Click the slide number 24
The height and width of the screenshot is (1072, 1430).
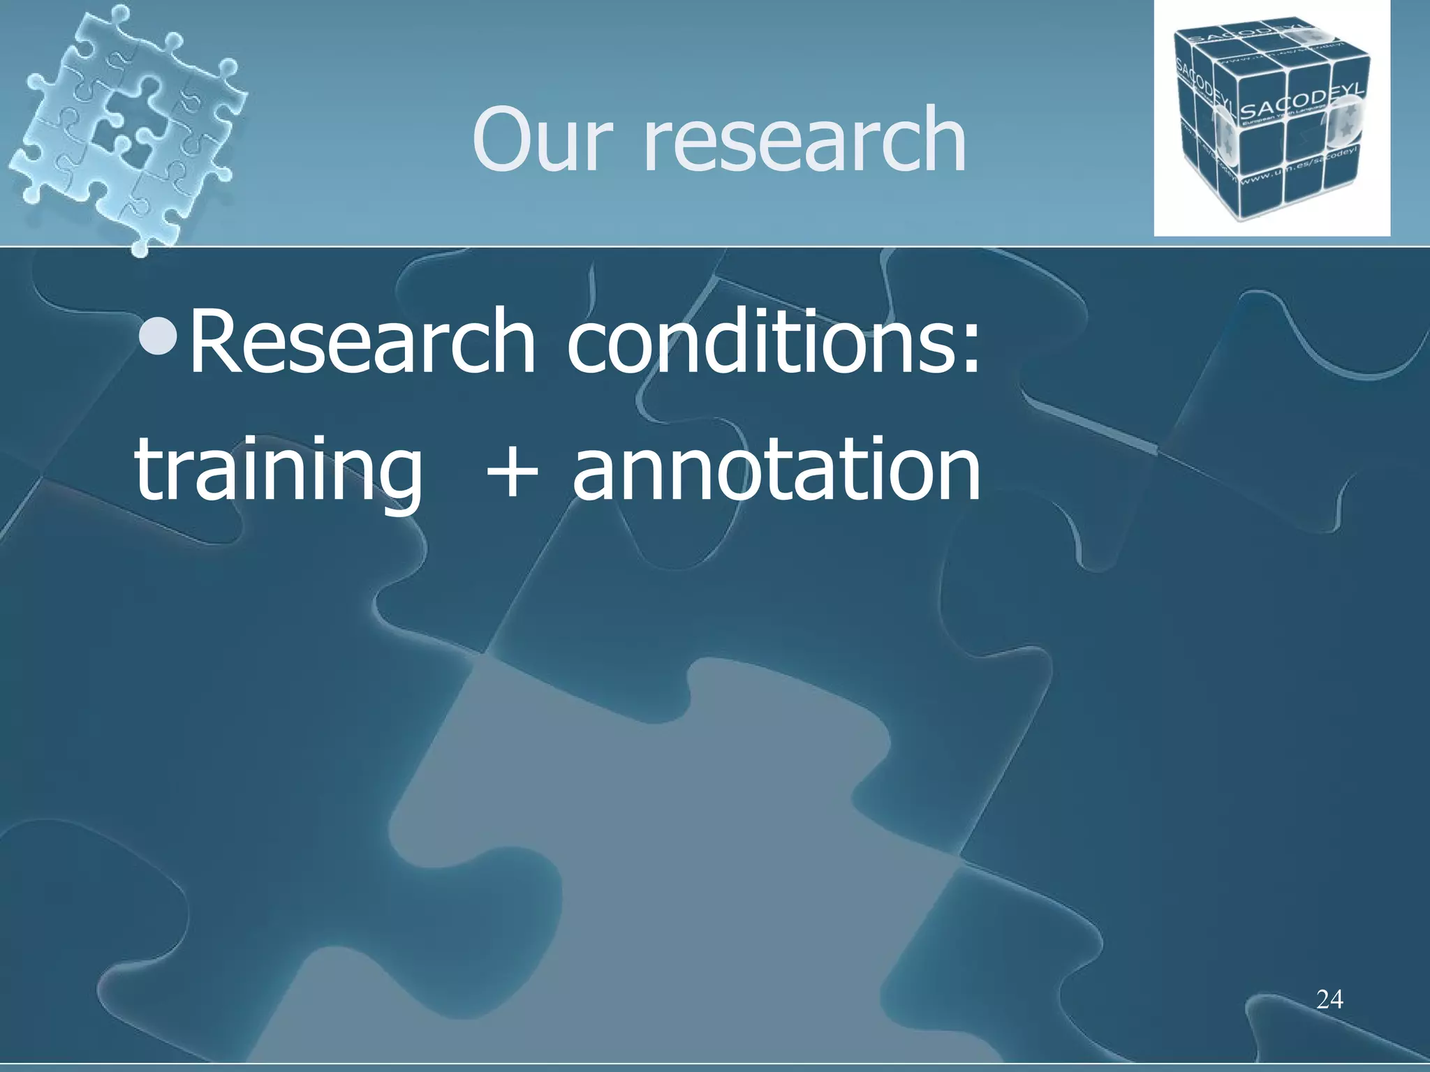click(x=1329, y=999)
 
